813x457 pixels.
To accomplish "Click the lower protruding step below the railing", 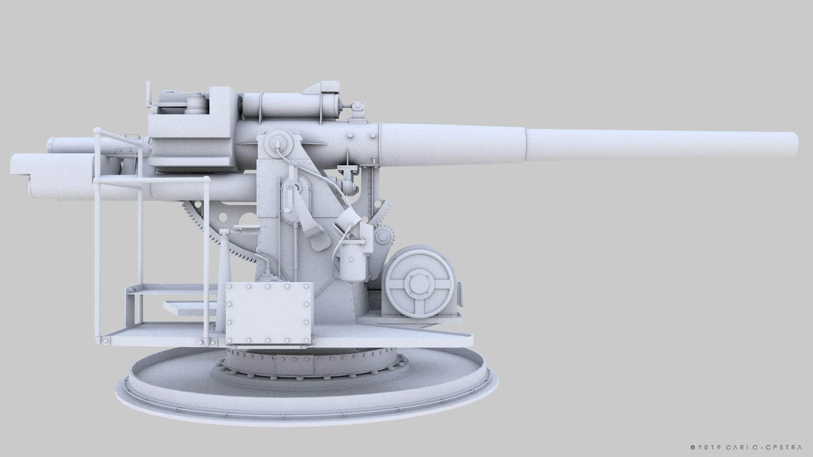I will [188, 306].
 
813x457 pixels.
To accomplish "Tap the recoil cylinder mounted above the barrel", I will [292, 106].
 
